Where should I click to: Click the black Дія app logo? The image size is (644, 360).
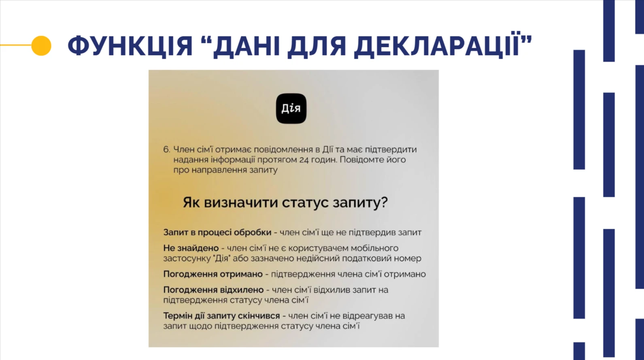coord(291,109)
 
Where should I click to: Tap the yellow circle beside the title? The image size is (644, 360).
coord(41,45)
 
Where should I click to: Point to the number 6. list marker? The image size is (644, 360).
coord(166,150)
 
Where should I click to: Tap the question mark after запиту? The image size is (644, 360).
coord(384,202)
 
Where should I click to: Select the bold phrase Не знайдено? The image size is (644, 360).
coord(191,248)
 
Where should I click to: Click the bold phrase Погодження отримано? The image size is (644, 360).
coord(213,274)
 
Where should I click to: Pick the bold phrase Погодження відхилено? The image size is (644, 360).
coord(213,290)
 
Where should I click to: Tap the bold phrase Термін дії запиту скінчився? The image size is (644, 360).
coord(221,316)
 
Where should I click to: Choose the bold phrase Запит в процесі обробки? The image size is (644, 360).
coord(217,232)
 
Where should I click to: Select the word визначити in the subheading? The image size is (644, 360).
coord(240,202)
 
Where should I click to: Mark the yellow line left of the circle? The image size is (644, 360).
coord(15,45)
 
